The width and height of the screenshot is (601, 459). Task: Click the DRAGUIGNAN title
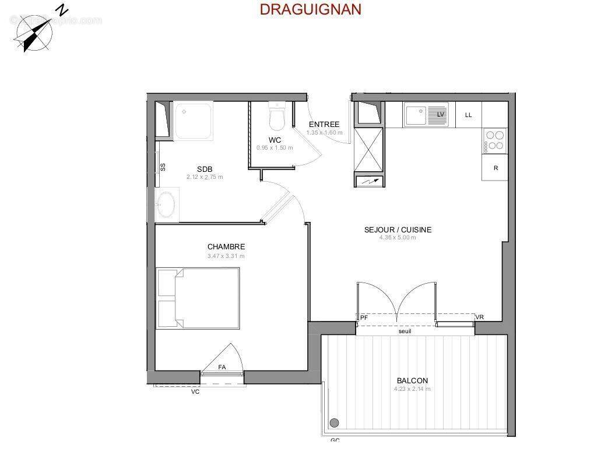[310, 9]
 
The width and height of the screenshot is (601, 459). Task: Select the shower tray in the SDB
[193, 121]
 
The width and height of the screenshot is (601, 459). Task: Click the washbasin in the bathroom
[165, 204]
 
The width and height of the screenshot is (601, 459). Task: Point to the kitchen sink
[426, 115]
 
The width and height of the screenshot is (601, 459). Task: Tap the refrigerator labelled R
[495, 168]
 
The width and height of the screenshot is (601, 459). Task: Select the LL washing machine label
[468, 115]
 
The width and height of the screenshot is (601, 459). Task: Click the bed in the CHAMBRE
[198, 298]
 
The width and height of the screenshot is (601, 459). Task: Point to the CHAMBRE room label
[226, 247]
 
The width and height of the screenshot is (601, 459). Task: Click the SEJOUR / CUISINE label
[398, 230]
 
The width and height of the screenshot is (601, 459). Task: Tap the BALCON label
[412, 381]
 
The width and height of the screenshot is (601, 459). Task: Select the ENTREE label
[324, 125]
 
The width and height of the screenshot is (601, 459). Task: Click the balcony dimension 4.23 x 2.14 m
[412, 389]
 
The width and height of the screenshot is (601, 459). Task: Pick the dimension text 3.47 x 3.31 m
[226, 256]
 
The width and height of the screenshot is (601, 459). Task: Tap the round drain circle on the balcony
[335, 423]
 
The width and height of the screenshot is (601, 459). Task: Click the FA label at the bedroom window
[222, 367]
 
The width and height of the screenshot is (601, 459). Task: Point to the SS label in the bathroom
[163, 167]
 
